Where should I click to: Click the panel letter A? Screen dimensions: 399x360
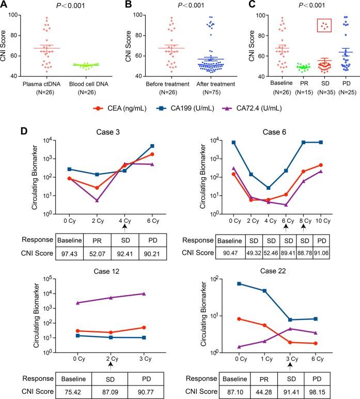6,6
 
